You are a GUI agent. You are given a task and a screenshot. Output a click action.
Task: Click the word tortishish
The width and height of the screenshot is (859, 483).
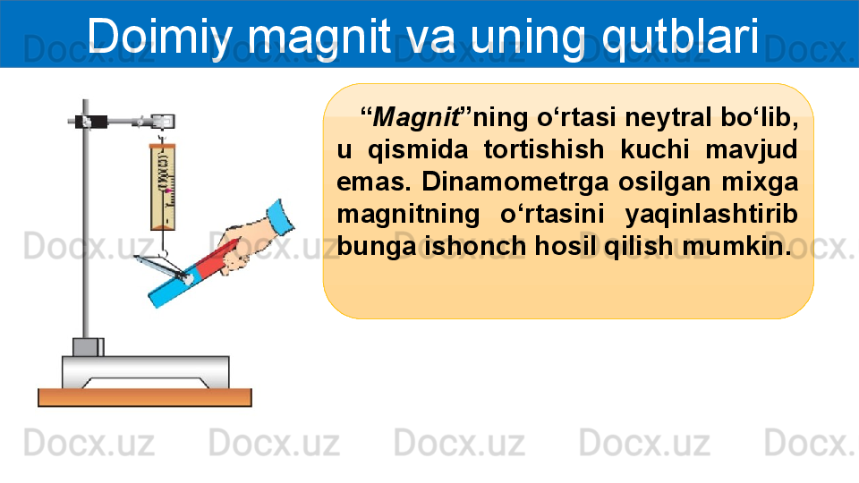point(544,149)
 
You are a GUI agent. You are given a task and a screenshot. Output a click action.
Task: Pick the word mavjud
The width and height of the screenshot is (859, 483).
point(751,150)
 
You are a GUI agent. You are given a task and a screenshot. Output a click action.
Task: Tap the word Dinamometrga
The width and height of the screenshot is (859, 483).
point(515,182)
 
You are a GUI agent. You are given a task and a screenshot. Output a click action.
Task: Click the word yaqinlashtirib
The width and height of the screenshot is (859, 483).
point(711,215)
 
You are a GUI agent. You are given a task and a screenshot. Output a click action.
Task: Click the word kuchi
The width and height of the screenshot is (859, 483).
point(655,149)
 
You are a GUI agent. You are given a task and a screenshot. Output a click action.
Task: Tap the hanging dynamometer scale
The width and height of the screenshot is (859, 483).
point(163,187)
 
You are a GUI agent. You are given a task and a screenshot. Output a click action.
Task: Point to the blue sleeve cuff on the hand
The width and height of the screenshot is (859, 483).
point(280,217)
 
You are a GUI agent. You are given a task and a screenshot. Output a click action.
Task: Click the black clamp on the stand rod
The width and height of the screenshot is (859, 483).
point(92,121)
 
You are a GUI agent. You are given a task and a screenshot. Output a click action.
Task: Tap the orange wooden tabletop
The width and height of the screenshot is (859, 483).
point(145,397)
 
